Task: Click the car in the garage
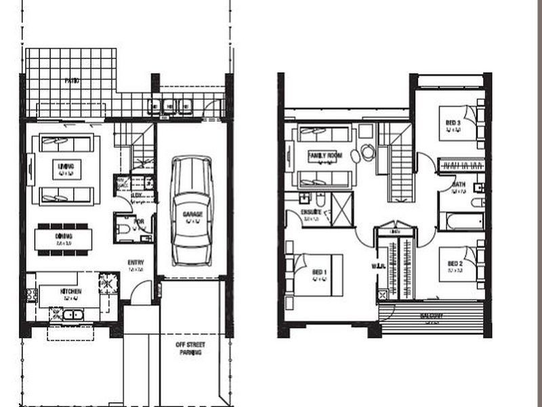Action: pos(191,211)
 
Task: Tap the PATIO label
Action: pos(72,81)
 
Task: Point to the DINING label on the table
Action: pos(63,235)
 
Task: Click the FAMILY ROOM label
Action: pos(326,155)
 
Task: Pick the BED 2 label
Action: pos(454,265)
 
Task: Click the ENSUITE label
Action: pos(311,212)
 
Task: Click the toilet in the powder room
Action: pos(123,229)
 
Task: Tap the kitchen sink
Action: pos(72,314)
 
